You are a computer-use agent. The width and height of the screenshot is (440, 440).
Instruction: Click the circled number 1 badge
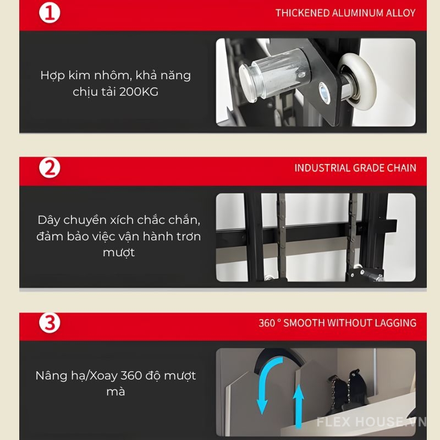click(x=50, y=13)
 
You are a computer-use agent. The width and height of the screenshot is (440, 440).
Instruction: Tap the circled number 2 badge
click(x=50, y=168)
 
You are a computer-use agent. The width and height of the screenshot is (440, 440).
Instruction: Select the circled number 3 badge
click(x=50, y=323)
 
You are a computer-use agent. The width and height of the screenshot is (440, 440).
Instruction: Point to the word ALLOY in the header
click(x=401, y=13)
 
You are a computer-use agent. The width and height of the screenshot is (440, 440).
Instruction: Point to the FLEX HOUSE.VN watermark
click(x=371, y=422)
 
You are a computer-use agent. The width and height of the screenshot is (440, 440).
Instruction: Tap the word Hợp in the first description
click(x=52, y=75)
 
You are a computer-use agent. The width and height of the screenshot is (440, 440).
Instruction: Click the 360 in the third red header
click(x=267, y=323)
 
